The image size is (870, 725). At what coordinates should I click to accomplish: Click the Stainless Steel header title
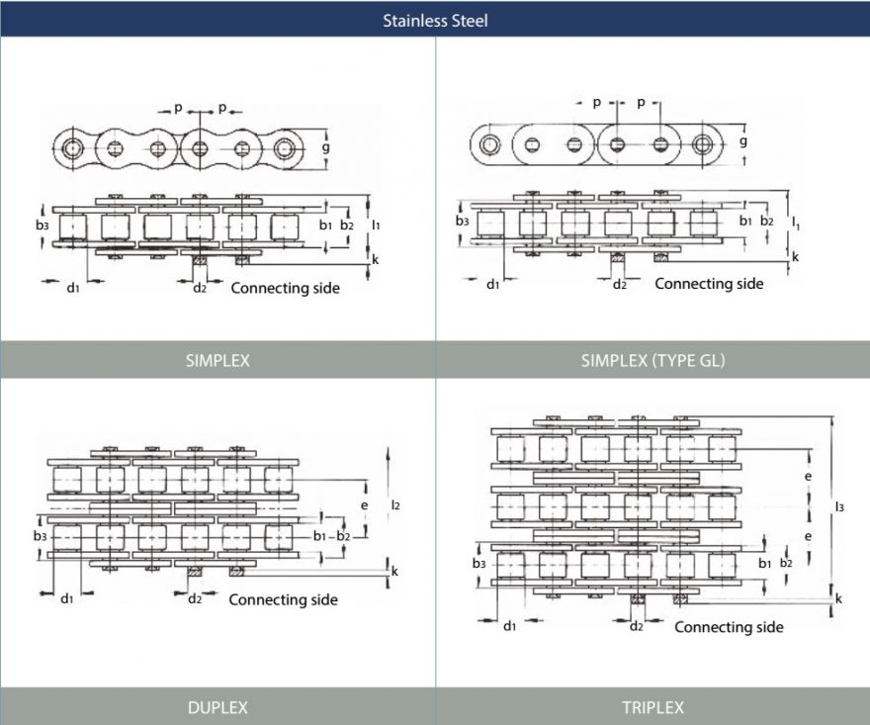[x=435, y=19]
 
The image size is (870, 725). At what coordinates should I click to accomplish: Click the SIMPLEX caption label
[x=217, y=361]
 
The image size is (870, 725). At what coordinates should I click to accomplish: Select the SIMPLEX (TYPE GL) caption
[x=652, y=361]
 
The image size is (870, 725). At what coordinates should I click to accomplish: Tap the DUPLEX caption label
[x=217, y=707]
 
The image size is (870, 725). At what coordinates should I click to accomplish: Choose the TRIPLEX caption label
[x=652, y=707]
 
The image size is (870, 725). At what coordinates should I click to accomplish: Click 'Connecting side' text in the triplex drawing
[x=729, y=627]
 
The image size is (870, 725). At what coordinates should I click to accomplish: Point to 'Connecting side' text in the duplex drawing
[x=283, y=599]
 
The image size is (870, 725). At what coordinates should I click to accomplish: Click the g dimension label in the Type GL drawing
[x=742, y=140]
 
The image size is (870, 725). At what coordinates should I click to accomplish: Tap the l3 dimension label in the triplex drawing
[x=839, y=507]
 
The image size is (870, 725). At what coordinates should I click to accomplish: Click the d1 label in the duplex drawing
[x=67, y=598]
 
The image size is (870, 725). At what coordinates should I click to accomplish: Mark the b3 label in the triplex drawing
[x=478, y=563]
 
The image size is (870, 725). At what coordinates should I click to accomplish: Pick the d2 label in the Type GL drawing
[x=620, y=285]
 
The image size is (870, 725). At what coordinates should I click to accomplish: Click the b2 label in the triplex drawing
[x=786, y=563]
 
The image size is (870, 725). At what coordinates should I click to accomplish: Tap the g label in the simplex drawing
[x=325, y=147]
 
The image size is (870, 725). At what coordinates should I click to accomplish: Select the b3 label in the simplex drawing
[x=41, y=226]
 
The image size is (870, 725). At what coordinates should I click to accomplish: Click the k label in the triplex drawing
[x=839, y=598]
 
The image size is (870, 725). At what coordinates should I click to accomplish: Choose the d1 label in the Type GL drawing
[x=493, y=285]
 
